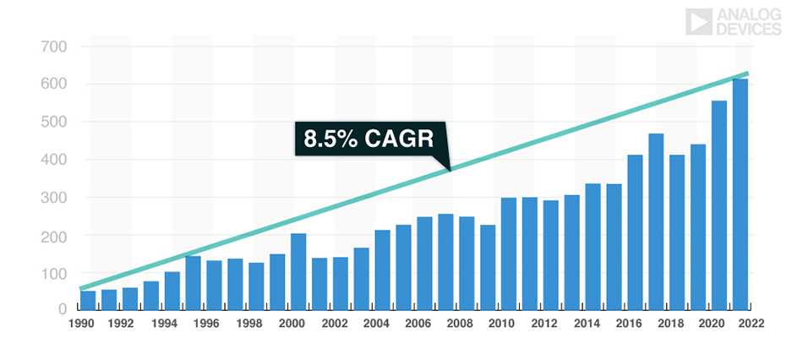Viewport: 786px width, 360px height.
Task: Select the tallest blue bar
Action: coord(740,194)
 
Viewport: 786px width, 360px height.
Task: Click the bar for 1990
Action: coord(88,300)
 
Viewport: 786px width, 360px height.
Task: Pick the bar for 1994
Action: coord(172,291)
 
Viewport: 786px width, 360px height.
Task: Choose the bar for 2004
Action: coord(383,270)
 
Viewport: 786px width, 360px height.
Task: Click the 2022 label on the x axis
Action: coord(751,324)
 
